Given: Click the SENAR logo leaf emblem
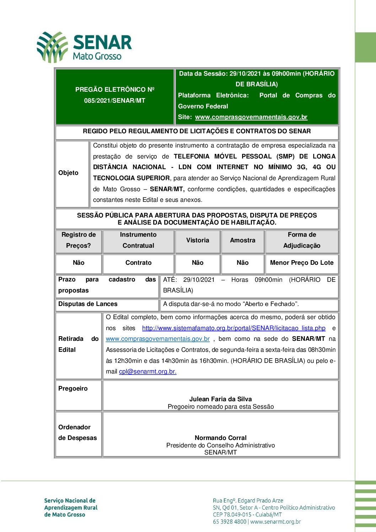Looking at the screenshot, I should click(x=52, y=47).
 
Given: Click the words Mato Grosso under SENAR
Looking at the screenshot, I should click(x=97, y=56).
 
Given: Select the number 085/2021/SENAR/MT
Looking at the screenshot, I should click(x=114, y=101).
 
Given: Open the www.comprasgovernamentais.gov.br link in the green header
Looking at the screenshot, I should click(x=251, y=117).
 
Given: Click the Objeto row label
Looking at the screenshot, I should click(x=68, y=173).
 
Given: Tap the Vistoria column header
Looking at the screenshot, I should click(x=198, y=240).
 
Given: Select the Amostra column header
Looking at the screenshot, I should click(x=242, y=240).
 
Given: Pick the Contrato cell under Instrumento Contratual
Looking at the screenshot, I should click(x=138, y=263).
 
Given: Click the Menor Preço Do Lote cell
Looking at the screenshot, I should click(x=302, y=263).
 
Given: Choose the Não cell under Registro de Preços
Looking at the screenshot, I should click(x=79, y=263).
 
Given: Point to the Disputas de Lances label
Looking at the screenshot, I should click(x=88, y=304).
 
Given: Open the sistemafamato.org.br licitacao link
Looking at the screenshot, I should click(x=233, y=328).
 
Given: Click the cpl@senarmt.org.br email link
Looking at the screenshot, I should click(x=147, y=371).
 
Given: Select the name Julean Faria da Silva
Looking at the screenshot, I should click(x=220, y=399).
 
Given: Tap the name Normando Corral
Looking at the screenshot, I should click(x=220, y=438).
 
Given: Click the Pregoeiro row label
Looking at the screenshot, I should click(x=73, y=388).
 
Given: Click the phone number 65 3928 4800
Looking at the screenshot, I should click(x=230, y=522).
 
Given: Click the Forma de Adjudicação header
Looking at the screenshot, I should click(x=302, y=240).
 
